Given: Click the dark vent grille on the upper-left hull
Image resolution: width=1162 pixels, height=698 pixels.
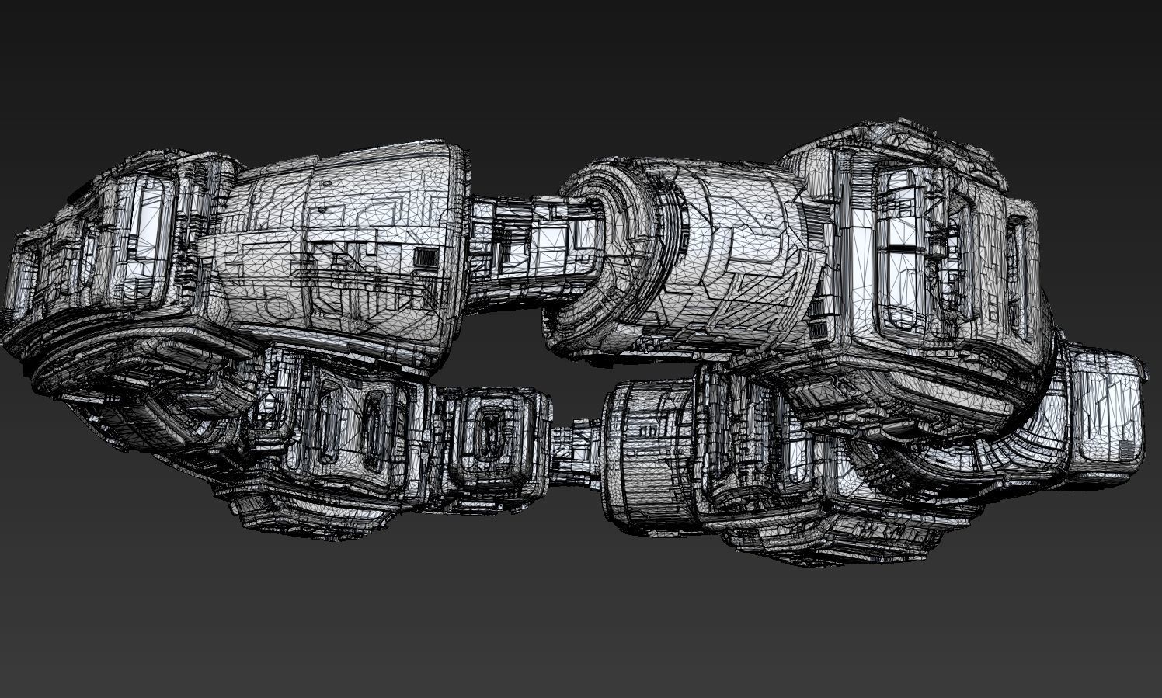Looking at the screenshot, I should (x=424, y=256).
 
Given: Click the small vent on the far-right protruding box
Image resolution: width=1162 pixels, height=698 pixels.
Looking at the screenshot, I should (x=1126, y=450).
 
